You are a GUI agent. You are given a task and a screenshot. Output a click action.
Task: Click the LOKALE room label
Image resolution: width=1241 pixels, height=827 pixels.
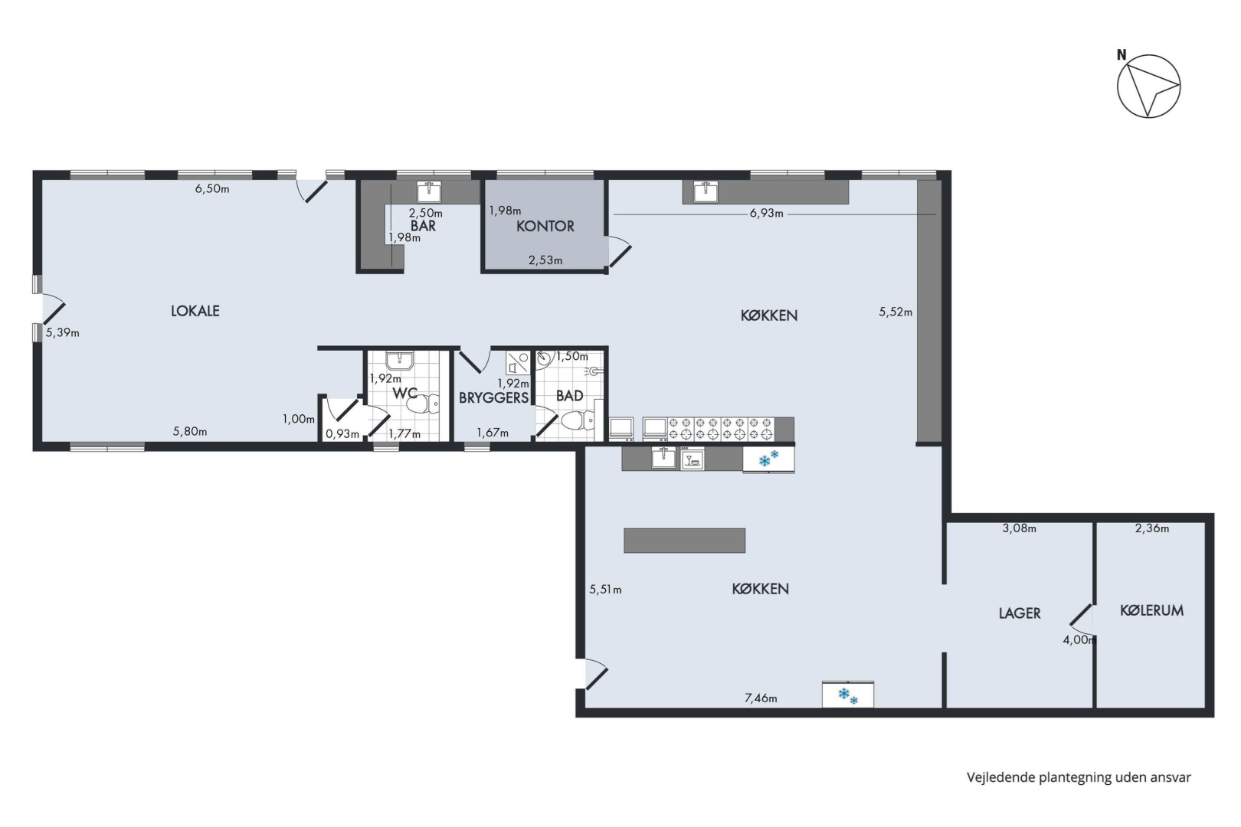click(x=195, y=311)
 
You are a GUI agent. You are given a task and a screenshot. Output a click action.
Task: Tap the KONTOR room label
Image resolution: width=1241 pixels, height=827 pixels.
click(x=545, y=226)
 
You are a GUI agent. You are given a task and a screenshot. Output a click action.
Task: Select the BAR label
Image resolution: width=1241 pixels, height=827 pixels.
click(x=424, y=225)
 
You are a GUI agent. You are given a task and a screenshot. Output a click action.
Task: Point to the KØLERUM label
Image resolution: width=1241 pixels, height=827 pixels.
click(x=1152, y=610)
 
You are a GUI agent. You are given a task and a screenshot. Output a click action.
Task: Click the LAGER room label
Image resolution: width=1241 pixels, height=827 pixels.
click(x=1020, y=613)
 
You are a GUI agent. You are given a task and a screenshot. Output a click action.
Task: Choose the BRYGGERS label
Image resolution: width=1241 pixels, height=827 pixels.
click(x=493, y=397)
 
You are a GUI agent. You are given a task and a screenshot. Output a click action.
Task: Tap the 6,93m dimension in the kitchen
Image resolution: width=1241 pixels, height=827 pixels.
click(x=766, y=213)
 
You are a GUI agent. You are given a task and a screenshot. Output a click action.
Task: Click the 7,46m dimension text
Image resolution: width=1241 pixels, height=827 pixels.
click(x=761, y=698)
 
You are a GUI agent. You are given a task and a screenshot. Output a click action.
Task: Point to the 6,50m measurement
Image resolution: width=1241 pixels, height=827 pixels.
click(x=212, y=189)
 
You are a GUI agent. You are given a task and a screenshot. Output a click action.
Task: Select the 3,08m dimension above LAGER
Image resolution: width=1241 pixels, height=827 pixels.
click(x=1020, y=528)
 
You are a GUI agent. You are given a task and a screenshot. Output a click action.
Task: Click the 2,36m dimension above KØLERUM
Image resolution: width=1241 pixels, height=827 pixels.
click(x=1152, y=528)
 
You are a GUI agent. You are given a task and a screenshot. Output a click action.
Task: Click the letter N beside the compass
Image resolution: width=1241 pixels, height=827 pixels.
click(x=1121, y=55)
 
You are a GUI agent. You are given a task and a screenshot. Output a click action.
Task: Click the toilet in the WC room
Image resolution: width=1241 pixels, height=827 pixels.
click(x=423, y=404)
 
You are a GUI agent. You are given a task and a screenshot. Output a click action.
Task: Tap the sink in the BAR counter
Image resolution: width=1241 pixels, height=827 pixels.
click(x=429, y=191)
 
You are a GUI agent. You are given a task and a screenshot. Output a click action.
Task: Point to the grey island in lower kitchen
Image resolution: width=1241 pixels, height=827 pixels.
click(x=684, y=541)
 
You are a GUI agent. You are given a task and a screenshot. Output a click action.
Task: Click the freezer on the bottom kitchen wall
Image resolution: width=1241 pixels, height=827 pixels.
click(x=848, y=695)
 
